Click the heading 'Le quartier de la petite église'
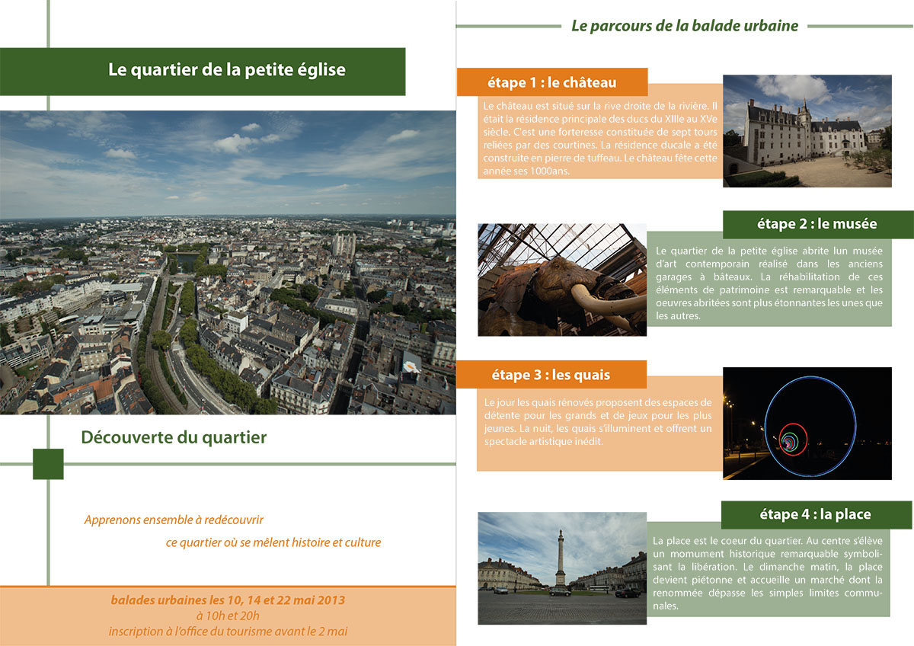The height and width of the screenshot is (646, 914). point(227,70)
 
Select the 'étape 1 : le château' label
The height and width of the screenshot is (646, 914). point(551,82)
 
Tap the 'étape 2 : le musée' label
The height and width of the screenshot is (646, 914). point(817,224)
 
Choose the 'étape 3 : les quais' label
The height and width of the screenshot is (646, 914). point(551,375)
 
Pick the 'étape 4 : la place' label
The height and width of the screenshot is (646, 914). point(815,514)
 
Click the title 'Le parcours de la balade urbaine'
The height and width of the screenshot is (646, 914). point(684,26)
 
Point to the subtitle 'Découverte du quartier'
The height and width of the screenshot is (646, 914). point(174,437)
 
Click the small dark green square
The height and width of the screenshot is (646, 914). point(48,464)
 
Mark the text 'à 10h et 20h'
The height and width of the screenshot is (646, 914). point(227,616)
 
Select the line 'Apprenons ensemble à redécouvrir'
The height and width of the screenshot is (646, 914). point(174,520)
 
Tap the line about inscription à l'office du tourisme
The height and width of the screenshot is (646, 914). point(228,631)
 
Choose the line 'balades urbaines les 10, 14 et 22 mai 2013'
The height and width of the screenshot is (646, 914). point(228,600)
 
